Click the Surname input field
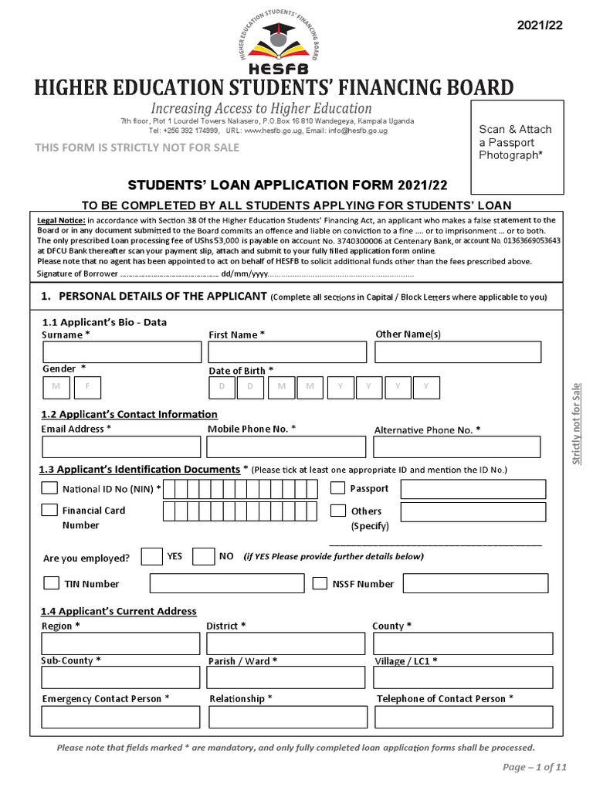[x=121, y=353]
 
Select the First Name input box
[x=287, y=353]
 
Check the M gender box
[x=56, y=386]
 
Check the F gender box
[x=87, y=386]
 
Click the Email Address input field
[x=120, y=447]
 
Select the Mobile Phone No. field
[x=287, y=447]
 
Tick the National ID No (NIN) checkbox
[x=49, y=488]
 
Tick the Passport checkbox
[x=338, y=488]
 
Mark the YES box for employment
[x=153, y=557]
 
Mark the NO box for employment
[x=203, y=557]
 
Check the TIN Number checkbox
[x=52, y=583]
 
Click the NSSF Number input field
[x=476, y=583]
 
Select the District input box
[x=286, y=643]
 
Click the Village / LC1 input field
[x=463, y=677]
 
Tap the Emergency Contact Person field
[x=121, y=717]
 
